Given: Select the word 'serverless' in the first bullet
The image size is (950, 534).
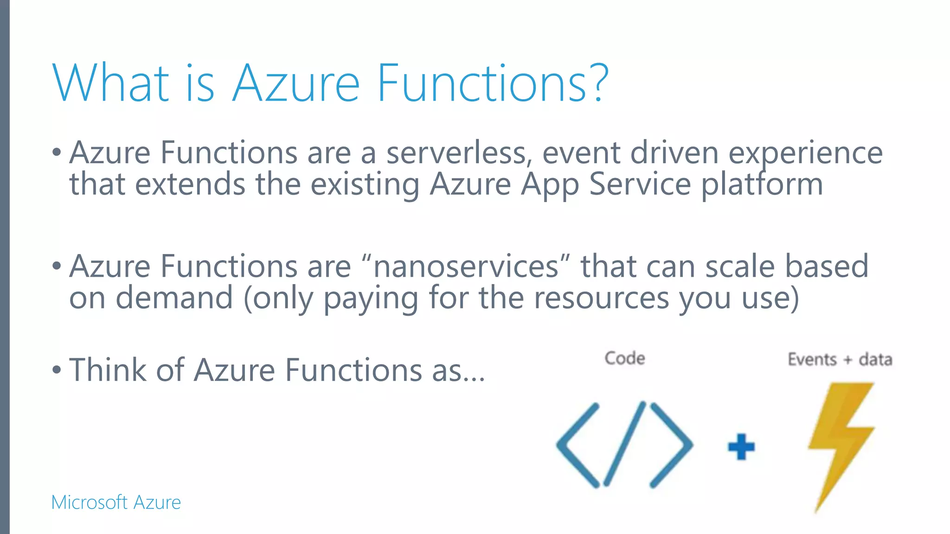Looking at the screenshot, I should click(456, 153).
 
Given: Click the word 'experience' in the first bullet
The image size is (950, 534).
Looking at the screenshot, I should click(805, 154).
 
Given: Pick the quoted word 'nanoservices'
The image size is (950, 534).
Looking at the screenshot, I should click(466, 267).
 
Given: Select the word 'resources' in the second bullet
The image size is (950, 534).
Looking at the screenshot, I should click(601, 299).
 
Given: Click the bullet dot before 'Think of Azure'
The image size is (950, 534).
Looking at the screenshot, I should click(57, 370).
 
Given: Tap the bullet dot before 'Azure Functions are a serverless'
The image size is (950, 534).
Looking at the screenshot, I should click(57, 153).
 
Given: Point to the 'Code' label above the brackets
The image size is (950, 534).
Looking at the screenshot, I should click(624, 358).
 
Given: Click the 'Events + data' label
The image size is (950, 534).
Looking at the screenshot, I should click(840, 360).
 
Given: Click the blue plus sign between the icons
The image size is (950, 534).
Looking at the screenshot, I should click(741, 447).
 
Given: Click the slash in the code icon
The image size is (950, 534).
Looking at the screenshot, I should click(624, 444).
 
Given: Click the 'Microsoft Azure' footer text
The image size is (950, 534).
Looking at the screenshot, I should click(116, 502).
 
